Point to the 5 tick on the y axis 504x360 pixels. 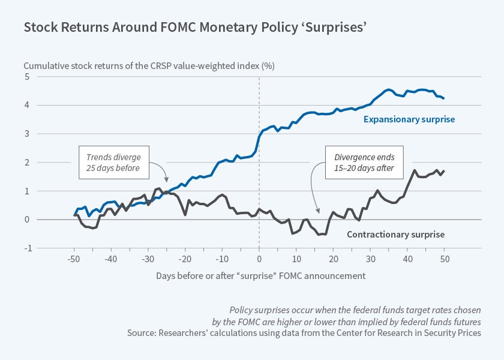(27, 76)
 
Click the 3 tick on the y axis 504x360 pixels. (27, 133)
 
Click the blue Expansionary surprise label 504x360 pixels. (409, 119)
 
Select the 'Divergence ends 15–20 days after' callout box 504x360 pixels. (364, 163)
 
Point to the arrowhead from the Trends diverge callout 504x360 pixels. (167, 181)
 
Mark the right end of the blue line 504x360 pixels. (445, 98)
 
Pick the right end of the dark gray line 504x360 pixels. (445, 171)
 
